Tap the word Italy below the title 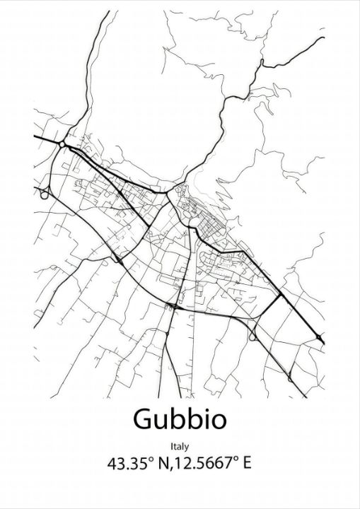(180, 446)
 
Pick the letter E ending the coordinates (247, 464)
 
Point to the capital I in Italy (171, 446)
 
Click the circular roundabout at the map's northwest (62, 144)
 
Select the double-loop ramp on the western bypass (45, 192)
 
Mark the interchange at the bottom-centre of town (172, 305)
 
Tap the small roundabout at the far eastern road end (320, 337)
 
